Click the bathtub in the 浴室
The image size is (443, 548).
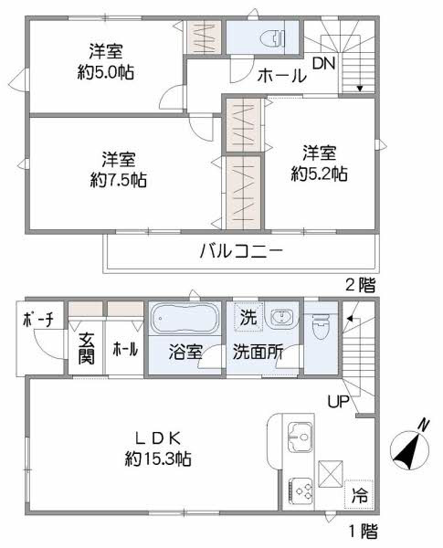tap(185, 318)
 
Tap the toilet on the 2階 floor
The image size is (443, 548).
tap(274, 37)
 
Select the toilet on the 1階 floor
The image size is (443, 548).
tap(321, 326)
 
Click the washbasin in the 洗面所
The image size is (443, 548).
tap(280, 317)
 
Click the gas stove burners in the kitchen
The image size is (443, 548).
tap(301, 490)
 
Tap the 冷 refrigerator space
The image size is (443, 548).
tap(360, 494)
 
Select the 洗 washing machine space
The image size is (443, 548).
tap(248, 317)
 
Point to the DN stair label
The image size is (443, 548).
tap(323, 63)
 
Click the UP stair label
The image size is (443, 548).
tap(338, 402)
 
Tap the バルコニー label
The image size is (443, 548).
tap(241, 250)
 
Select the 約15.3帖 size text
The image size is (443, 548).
tap(158, 458)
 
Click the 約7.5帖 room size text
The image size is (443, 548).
tap(118, 180)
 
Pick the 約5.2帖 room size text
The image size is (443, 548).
tap(319, 174)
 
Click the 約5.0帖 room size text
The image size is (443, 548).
tap(106, 72)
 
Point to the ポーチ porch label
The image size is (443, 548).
tap(38, 320)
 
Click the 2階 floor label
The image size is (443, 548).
tap(361, 285)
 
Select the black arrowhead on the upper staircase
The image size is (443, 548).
tap(360, 89)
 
